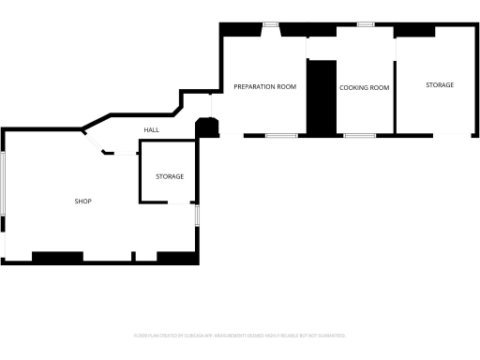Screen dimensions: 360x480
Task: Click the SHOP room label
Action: pos(83,201)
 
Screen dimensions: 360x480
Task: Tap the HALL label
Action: pos(151,129)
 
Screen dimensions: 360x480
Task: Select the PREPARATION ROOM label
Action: pos(264,86)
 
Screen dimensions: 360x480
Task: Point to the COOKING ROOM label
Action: pos(364,87)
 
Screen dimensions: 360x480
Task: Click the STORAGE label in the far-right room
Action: pos(440,85)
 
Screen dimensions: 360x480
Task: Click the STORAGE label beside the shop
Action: pos(170,176)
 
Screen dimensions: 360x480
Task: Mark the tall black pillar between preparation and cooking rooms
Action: pos(322,97)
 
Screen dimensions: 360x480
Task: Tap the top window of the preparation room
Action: pos(270,24)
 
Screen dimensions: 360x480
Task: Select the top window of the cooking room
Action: pos(365,24)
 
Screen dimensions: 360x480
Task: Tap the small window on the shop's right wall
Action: pos(197,216)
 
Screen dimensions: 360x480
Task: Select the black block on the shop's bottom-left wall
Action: pos(57,256)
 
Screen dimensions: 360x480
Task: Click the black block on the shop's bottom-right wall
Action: pos(176,256)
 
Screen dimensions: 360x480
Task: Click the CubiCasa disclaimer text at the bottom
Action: pos(240,335)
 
